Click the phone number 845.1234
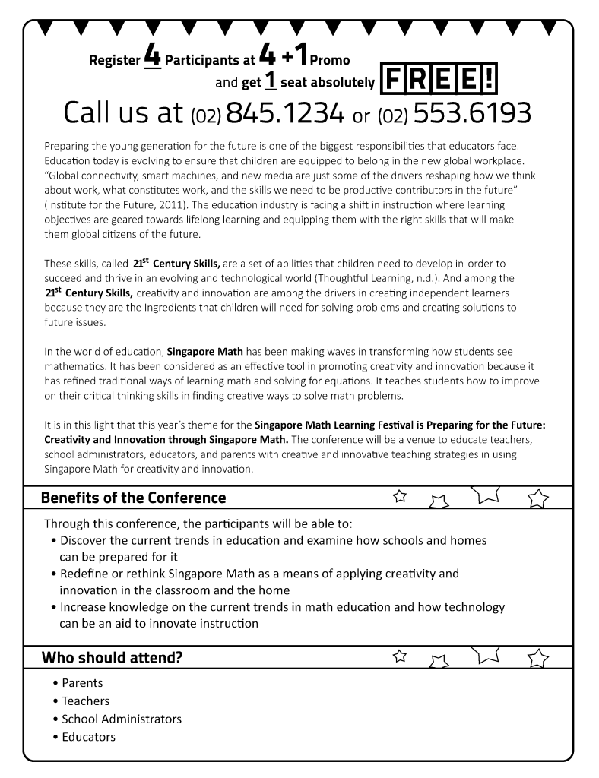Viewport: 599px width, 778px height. point(285,113)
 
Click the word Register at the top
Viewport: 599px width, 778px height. point(115,60)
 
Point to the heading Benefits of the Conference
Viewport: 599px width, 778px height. point(133,498)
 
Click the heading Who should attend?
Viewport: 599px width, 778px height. point(112,657)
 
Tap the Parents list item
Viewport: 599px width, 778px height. point(82,683)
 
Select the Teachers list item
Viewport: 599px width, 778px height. point(85,701)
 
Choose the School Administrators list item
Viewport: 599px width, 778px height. point(122,719)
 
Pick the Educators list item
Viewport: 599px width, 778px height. point(89,737)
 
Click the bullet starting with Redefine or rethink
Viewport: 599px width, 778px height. point(259,574)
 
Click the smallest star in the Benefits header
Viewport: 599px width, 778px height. point(400,497)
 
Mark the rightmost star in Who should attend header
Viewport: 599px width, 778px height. point(537,657)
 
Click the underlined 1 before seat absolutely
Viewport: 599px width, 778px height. point(269,81)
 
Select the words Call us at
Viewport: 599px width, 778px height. point(123,113)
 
